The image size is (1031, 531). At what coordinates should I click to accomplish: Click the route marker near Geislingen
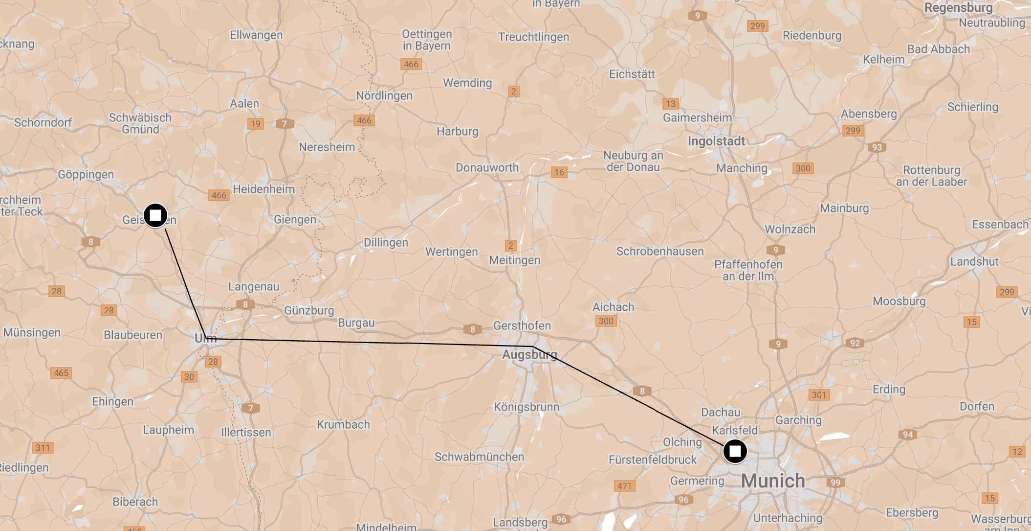click(155, 215)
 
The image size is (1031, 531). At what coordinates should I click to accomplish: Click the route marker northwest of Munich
click(735, 451)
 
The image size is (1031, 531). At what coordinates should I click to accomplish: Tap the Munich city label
click(772, 481)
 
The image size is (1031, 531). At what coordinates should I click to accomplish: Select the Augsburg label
click(529, 354)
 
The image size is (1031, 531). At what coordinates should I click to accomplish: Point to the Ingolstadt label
click(716, 141)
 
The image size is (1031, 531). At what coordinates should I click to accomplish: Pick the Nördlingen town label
click(384, 95)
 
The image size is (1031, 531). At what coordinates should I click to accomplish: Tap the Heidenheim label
click(263, 189)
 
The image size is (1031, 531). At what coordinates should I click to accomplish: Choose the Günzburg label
click(309, 310)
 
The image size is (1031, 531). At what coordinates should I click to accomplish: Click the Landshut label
click(974, 261)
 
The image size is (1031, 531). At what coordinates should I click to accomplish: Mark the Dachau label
click(721, 412)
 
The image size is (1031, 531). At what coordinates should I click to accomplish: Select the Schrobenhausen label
click(659, 251)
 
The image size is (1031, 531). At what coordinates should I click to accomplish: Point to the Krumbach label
click(343, 424)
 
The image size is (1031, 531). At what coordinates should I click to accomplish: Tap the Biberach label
click(135, 502)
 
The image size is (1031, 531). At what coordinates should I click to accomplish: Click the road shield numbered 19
click(256, 124)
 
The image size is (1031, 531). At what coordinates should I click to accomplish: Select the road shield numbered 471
click(624, 486)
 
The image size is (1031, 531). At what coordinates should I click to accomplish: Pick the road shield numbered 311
click(43, 448)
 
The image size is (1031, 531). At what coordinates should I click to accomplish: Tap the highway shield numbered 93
click(877, 147)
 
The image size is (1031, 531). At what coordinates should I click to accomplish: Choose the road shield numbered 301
click(819, 395)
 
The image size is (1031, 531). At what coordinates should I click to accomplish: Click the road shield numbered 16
click(559, 172)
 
